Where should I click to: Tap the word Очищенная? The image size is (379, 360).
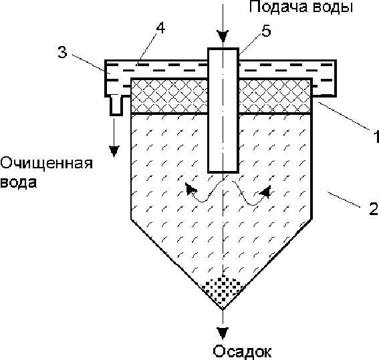pyautogui.click(x=47, y=164)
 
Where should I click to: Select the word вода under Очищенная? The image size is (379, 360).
pyautogui.click(x=19, y=182)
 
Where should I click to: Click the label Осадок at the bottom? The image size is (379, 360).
pyautogui.click(x=242, y=351)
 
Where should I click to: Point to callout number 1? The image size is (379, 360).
pyautogui.click(x=376, y=136)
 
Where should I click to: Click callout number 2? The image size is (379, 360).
pyautogui.click(x=374, y=208)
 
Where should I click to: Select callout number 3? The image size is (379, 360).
pyautogui.click(x=62, y=52)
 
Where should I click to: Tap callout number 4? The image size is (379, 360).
pyautogui.click(x=160, y=28)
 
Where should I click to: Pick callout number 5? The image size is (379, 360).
pyautogui.click(x=266, y=31)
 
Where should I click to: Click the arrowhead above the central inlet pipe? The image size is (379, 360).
pyautogui.click(x=223, y=37)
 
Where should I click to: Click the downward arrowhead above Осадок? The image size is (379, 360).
pyautogui.click(x=223, y=333)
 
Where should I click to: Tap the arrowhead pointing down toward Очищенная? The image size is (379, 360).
pyautogui.click(x=114, y=152)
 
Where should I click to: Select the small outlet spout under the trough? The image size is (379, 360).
pyautogui.click(x=116, y=106)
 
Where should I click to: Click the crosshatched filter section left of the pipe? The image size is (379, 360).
pyautogui.click(x=169, y=96)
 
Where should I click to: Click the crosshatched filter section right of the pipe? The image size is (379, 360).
pyautogui.click(x=275, y=96)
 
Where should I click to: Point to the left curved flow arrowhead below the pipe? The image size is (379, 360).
pyautogui.click(x=191, y=188)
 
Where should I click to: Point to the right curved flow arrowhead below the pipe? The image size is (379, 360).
pyautogui.click(x=265, y=192)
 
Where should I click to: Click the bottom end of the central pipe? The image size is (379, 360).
pyautogui.click(x=223, y=172)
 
